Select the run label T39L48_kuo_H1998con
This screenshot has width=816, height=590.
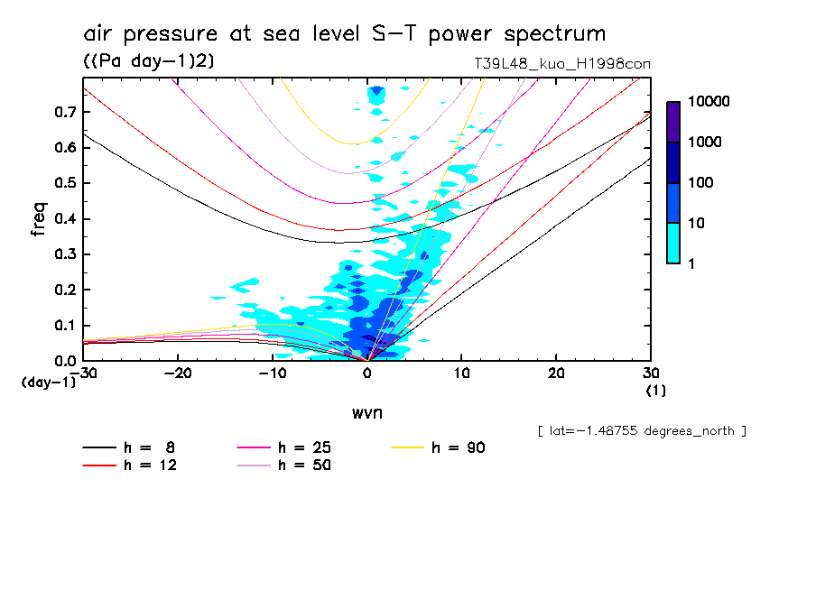coord(562,64)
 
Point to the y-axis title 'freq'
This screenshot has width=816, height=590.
coord(39,219)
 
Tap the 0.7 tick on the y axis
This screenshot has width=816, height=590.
coord(63,112)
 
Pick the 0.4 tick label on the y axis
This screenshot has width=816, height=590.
coord(63,219)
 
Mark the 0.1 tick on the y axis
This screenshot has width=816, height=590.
coord(63,326)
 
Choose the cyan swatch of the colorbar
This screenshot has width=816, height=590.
coord(673,244)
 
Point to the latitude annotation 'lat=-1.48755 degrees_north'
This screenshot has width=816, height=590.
coord(642,430)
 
